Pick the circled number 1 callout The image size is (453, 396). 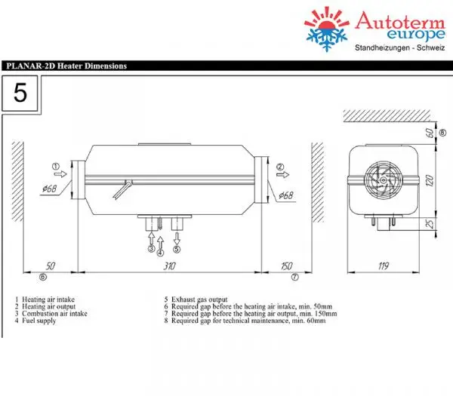(x=55, y=166)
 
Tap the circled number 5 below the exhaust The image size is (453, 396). (x=177, y=248)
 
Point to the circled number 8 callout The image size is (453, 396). (x=441, y=134)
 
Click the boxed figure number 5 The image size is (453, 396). (x=20, y=94)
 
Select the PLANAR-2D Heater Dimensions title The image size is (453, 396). (x=65, y=66)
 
